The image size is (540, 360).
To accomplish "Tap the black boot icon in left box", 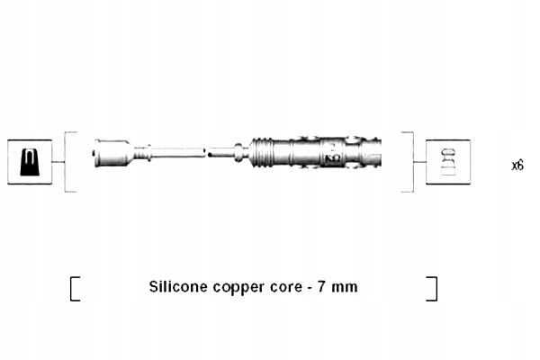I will pyautogui.click(x=30, y=162).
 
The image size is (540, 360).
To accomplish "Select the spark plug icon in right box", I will pyautogui.click(x=447, y=162).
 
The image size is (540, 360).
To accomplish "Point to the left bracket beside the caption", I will pyautogui.click(x=74, y=288).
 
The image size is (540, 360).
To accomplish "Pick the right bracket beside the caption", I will pyautogui.click(x=433, y=288).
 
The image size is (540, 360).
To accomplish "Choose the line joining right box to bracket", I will pyautogui.click(x=418, y=162).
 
